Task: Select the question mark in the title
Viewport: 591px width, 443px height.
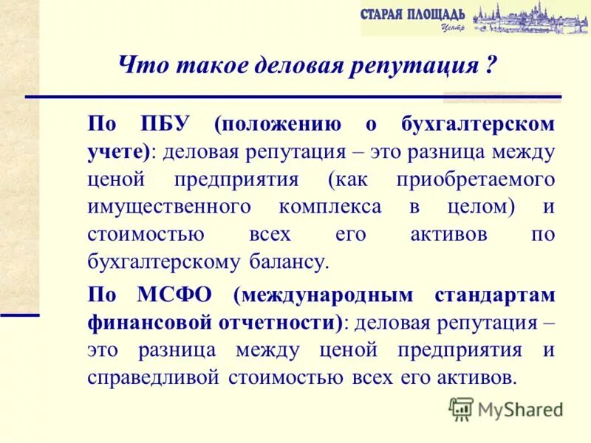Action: [x=489, y=65]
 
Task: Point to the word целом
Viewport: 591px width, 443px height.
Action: [x=482, y=207]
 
